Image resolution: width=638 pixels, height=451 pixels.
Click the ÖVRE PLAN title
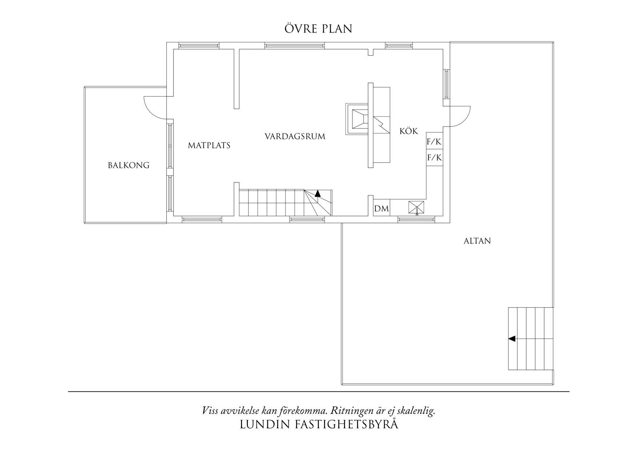pos(318,28)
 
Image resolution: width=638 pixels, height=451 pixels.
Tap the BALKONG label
pos(129,165)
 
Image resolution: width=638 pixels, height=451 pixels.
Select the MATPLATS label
pos(209,145)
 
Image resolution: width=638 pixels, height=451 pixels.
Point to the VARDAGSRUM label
pos(295,136)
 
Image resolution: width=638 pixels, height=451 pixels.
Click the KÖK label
pos(409,131)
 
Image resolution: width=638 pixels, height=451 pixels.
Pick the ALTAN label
pos(477,241)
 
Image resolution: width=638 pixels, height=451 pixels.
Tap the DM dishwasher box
pos(382,209)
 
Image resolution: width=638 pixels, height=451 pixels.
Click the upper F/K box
pos(434,141)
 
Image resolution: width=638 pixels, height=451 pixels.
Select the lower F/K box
pos(434,157)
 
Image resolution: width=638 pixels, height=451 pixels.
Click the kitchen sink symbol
pos(416,208)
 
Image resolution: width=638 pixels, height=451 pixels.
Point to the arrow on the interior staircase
pos(318,193)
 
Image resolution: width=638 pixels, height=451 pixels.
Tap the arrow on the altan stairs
pos(512,339)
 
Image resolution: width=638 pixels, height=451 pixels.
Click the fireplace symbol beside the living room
pos(357,119)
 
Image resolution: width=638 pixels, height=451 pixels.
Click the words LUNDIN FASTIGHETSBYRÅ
pos(319,424)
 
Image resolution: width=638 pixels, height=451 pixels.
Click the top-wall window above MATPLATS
pos(199,46)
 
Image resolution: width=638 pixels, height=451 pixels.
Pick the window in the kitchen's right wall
pos(446,84)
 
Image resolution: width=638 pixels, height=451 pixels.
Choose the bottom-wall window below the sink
pos(416,219)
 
